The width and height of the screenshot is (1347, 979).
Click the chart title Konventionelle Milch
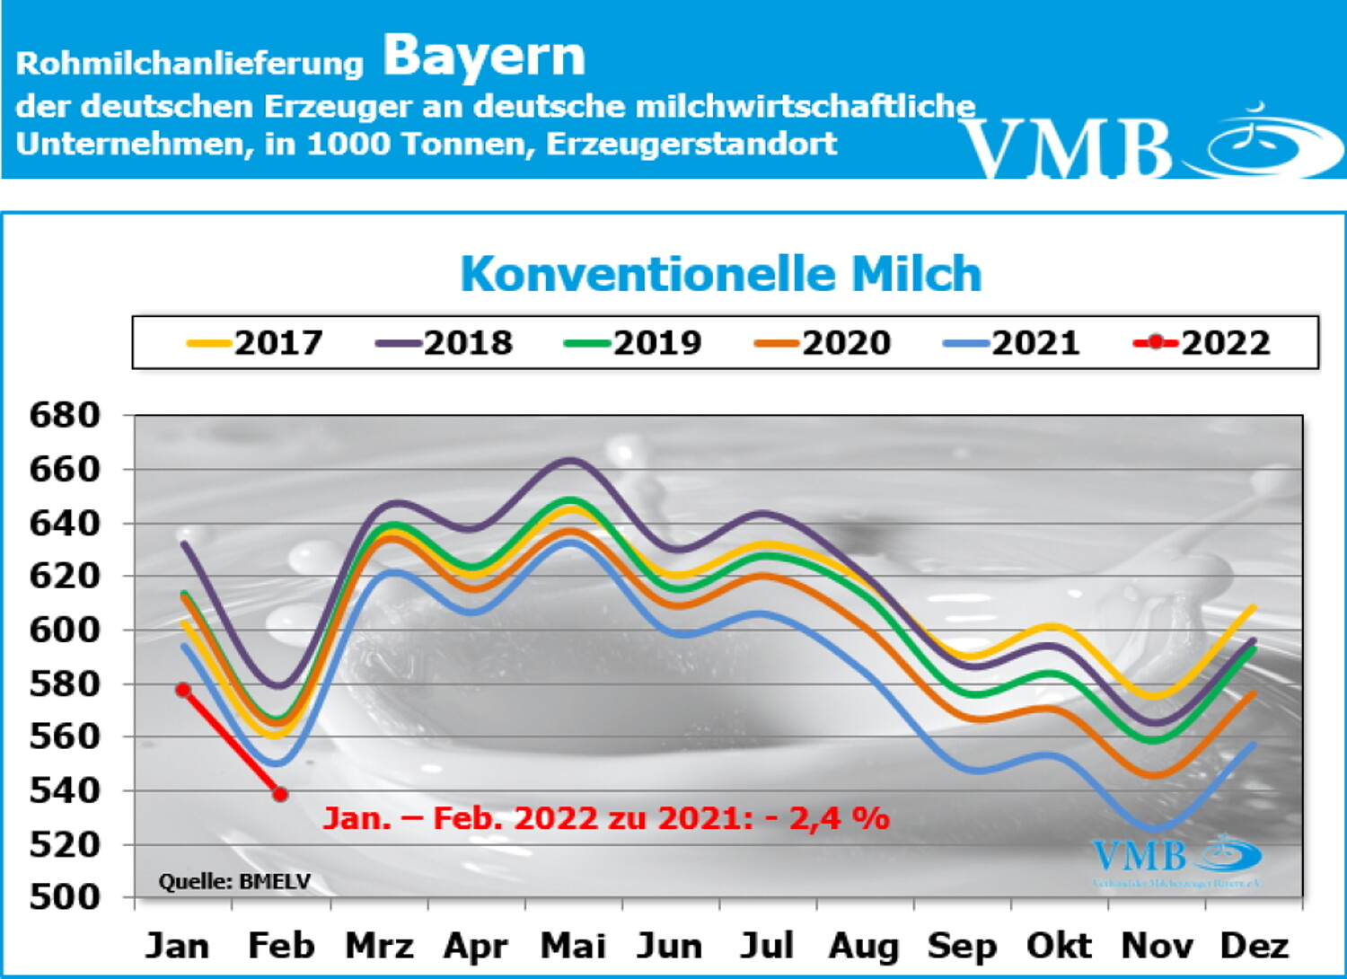tap(720, 274)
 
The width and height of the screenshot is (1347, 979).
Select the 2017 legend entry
tap(255, 343)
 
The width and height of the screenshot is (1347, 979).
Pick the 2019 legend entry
tap(634, 343)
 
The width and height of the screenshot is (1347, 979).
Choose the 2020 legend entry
tap(823, 343)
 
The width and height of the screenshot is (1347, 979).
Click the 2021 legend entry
tap(1013, 343)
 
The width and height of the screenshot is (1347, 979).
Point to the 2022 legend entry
tap(1202, 343)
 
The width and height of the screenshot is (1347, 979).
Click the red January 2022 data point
tap(183, 690)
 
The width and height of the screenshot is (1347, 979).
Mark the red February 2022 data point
tap(280, 794)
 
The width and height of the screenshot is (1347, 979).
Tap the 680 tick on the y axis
tap(65, 416)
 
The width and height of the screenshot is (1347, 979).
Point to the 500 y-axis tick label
tap(65, 896)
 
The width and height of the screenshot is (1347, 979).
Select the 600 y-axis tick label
tap(65, 630)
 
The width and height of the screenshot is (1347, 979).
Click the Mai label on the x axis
tap(573, 946)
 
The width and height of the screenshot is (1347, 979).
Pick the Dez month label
tap(1254, 946)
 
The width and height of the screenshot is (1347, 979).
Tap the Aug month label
tap(864, 946)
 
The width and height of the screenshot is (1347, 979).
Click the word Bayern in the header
tap(484, 57)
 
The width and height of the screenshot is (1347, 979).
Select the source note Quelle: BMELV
tap(234, 882)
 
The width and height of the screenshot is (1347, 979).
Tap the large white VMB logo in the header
tap(1149, 144)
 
